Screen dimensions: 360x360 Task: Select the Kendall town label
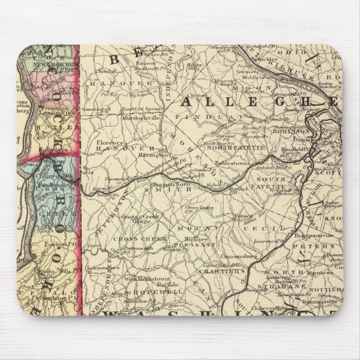(x=106, y=72)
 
